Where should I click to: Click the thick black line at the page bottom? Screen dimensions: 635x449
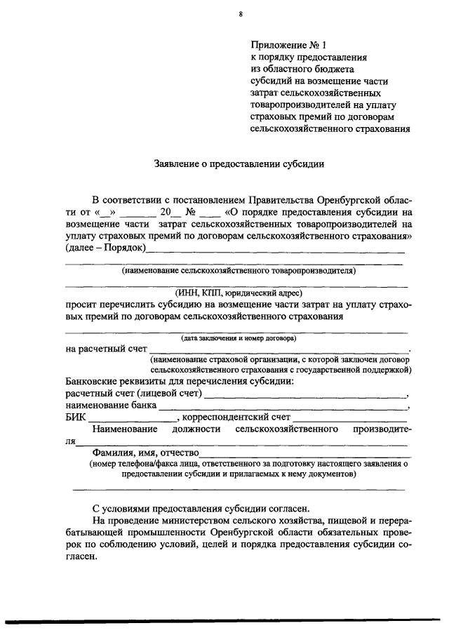click(224, 620)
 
